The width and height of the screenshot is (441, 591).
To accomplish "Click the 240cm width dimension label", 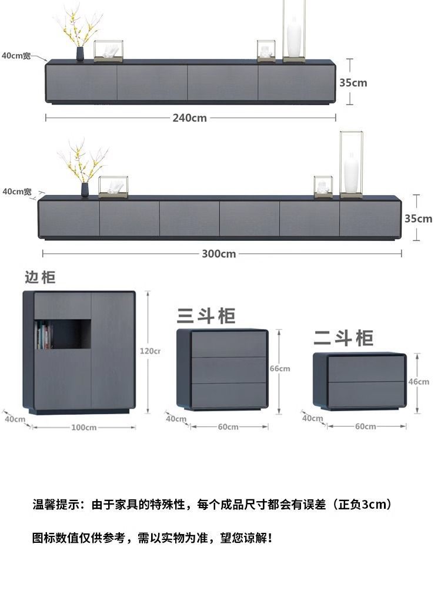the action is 189,118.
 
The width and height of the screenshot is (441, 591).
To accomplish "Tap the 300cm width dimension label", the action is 219,254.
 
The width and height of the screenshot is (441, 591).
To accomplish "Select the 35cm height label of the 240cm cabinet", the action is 353,83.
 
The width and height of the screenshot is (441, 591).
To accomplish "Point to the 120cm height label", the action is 149,351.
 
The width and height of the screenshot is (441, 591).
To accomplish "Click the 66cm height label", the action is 280,369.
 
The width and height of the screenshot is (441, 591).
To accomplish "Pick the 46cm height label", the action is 419,382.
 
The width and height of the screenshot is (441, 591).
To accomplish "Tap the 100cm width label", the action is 83,428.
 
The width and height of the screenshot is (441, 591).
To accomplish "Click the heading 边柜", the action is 40,277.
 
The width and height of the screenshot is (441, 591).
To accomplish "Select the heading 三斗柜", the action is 206,316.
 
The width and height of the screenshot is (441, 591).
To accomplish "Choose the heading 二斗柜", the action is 343,338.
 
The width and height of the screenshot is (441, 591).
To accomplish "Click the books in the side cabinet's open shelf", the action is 44,336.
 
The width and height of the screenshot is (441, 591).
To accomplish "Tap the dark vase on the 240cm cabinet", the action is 80,53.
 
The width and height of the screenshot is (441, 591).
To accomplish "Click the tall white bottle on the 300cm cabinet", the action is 351,173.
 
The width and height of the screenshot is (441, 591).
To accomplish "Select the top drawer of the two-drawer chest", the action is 366,368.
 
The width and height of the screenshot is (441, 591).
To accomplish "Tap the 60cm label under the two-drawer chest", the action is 365,427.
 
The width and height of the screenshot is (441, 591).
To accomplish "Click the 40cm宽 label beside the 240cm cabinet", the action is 16,56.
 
